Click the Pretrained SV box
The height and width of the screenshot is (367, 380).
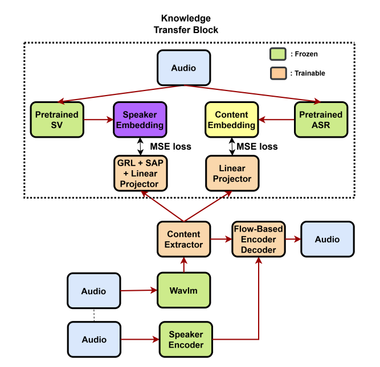tap(57, 120)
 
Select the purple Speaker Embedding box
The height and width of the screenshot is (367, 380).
tap(140, 120)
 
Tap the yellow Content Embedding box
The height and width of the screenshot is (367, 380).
tap(231, 120)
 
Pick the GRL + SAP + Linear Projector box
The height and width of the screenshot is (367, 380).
tap(140, 173)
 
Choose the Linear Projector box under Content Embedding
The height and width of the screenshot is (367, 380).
tap(231, 173)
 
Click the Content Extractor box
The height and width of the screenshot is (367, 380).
tap(183, 239)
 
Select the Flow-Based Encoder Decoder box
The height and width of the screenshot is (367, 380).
tap(258, 239)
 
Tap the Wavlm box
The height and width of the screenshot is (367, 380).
tap(183, 290)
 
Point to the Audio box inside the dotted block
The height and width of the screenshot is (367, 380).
tap(183, 68)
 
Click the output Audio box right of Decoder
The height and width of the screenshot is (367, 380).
tap(327, 239)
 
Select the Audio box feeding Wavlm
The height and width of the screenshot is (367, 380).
tap(94, 291)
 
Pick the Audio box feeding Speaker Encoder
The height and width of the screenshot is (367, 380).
tap(94, 340)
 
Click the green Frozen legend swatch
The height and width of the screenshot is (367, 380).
tap(277, 55)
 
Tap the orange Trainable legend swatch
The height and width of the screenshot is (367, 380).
tap(277, 73)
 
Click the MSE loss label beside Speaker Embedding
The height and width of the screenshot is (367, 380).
tap(170, 146)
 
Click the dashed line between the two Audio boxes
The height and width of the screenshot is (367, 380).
tap(94, 315)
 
